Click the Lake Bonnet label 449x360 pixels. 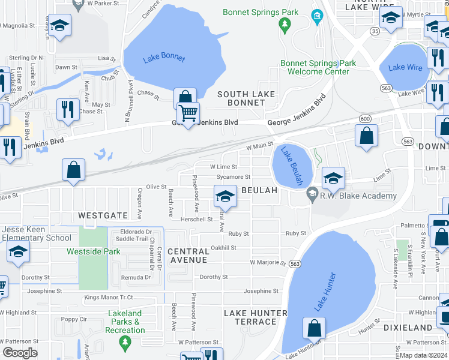coord(164,59)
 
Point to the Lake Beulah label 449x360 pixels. coord(292,166)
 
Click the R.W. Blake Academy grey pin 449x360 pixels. coord(312,195)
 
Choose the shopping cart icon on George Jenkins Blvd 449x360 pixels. coord(188,113)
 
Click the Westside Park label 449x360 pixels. coord(94,251)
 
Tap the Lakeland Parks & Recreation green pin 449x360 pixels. coord(125,343)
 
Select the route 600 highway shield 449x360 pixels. coord(365,119)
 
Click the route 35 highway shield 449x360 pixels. coord(375,31)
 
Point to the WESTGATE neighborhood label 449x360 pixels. coord(103,215)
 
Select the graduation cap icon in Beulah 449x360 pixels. coord(224,196)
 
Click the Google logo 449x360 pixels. coord(20,353)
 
